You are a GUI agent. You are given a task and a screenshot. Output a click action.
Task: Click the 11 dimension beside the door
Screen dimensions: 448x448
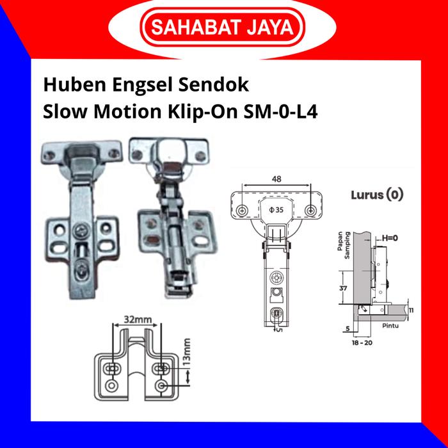click(411, 310)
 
